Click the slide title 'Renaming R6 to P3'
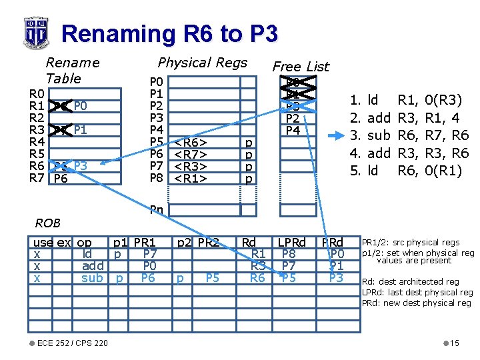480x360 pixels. click(169, 33)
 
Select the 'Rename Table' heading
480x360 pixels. click(72, 70)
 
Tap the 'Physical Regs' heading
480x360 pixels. click(202, 63)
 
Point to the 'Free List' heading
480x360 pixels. click(301, 66)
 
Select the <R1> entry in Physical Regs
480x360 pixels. click(190, 179)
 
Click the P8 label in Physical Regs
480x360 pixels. click(157, 179)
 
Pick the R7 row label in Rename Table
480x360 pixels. click(37, 179)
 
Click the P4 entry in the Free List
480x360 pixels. click(293, 131)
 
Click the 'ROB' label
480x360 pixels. click(48, 223)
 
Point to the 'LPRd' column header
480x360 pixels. click(291, 243)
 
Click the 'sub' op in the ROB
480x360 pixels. click(93, 277)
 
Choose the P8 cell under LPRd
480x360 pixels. click(289, 254)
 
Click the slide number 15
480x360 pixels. click(455, 343)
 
